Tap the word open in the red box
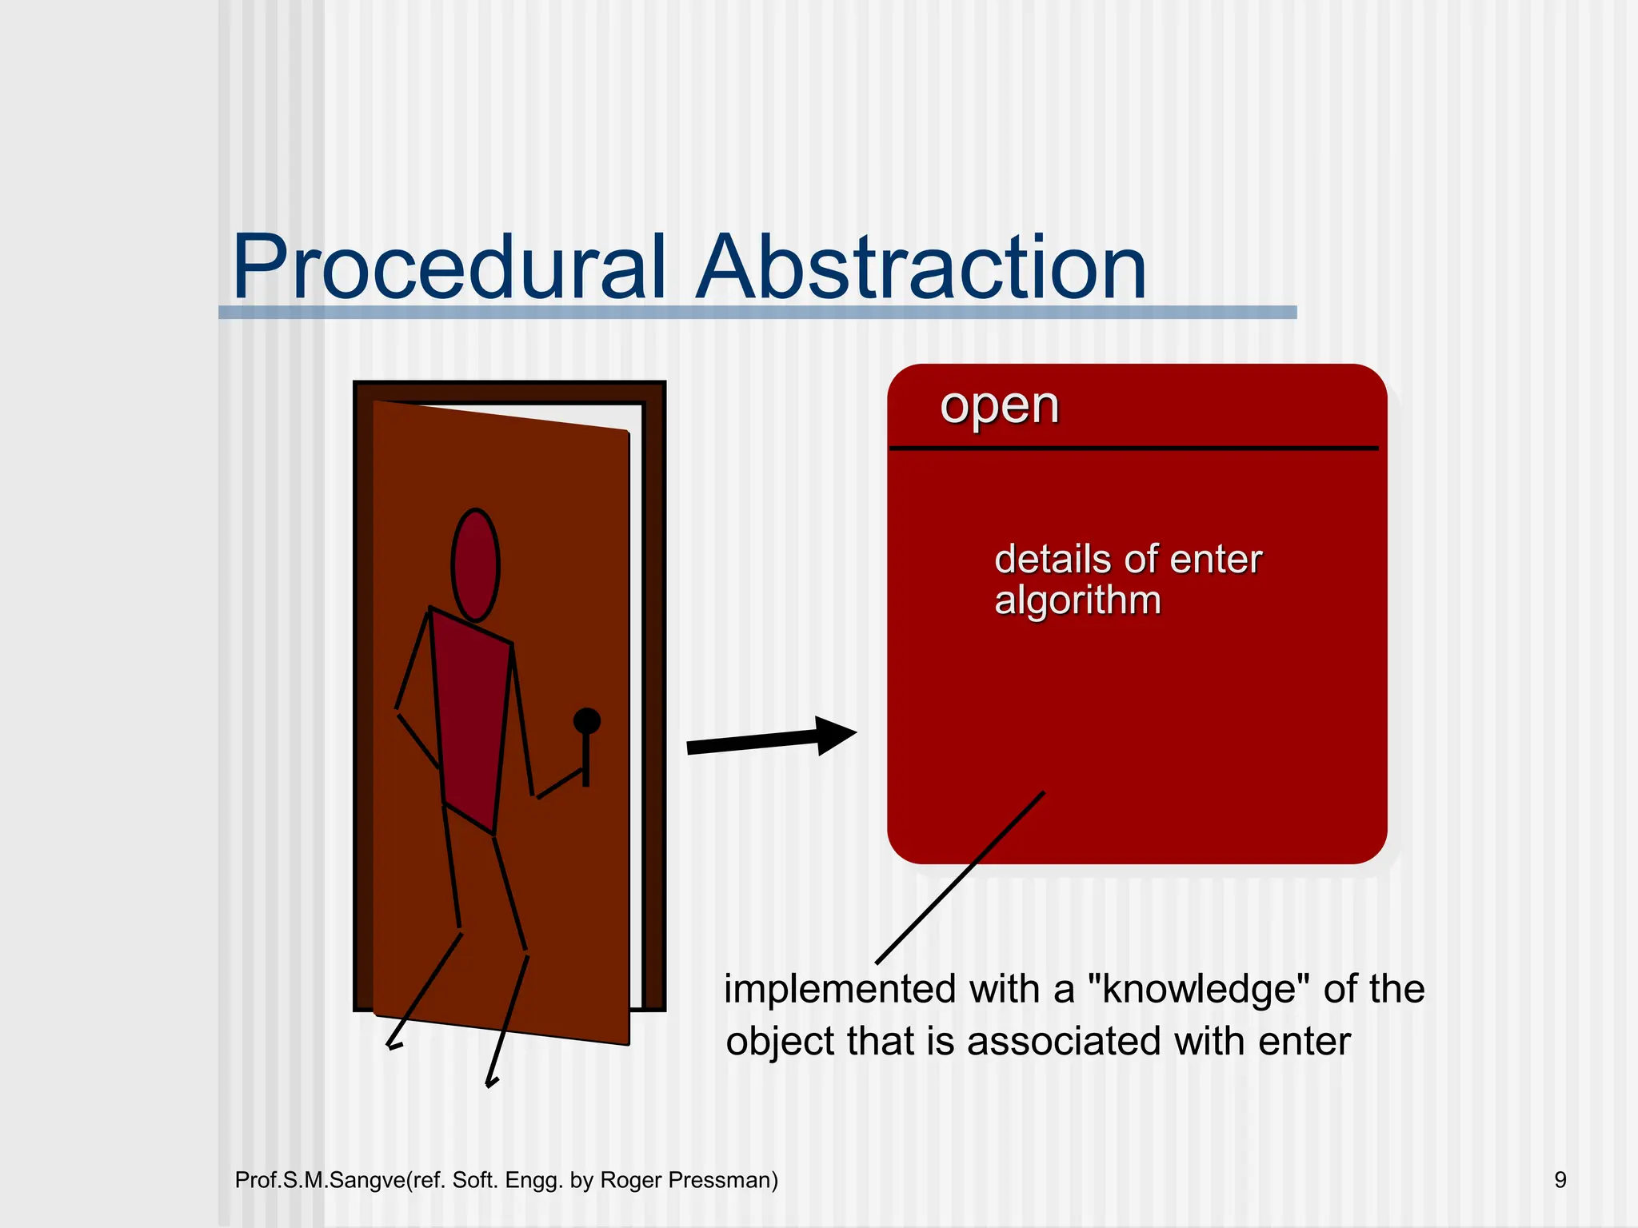pyautogui.click(x=999, y=406)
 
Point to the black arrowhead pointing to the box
pyautogui.click(x=835, y=735)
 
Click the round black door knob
pyautogui.click(x=586, y=721)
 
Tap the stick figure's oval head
pyautogui.click(x=475, y=565)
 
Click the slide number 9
pyautogui.click(x=1560, y=1180)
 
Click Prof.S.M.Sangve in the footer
pyautogui.click(x=320, y=1180)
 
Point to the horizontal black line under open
pyautogui.click(x=1134, y=449)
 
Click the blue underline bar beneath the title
pyautogui.click(x=757, y=313)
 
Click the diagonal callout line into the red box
pyautogui.click(x=960, y=878)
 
